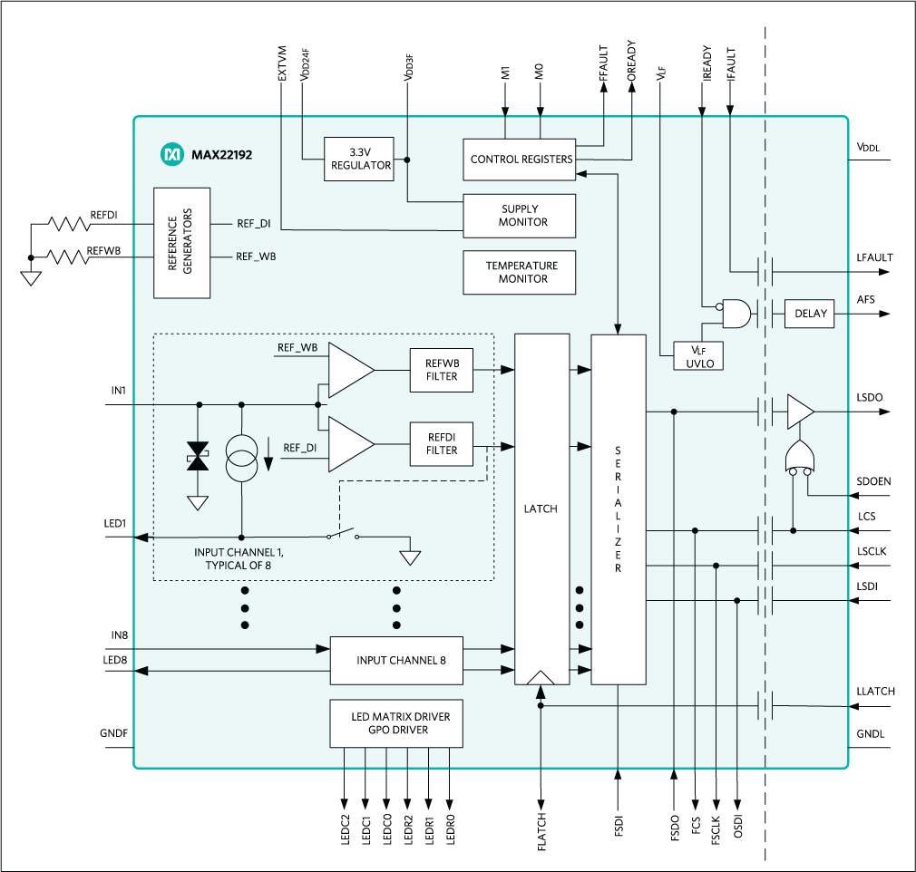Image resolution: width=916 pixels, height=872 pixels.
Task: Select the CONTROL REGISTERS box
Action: click(x=521, y=160)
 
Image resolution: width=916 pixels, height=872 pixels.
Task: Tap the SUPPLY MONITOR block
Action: click(x=520, y=216)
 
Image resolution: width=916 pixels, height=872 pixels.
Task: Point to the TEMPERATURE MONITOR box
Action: click(x=520, y=272)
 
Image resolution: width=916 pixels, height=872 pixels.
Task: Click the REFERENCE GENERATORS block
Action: click(x=182, y=243)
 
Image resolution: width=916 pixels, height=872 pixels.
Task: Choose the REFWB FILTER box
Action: click(x=441, y=370)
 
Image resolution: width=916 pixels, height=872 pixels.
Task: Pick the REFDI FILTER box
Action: click(x=441, y=444)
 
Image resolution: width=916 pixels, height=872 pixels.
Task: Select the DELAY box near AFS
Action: click(x=810, y=314)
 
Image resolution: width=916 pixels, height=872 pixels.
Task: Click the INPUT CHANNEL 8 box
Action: click(x=401, y=661)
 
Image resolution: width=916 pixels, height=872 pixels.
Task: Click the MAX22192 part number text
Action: click(x=221, y=155)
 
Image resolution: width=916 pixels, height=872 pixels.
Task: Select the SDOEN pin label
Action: click(x=874, y=481)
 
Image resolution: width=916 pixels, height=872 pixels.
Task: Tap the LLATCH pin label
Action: click(x=875, y=692)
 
